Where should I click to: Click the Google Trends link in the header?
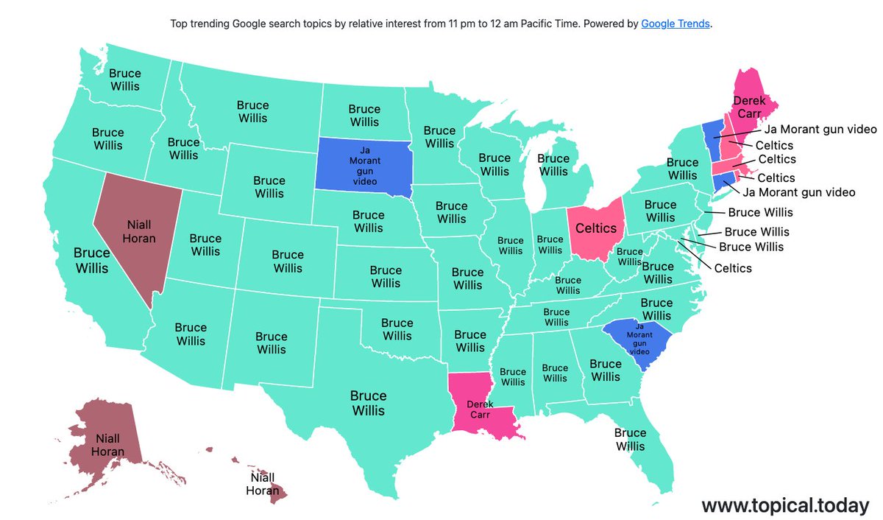coord(675,24)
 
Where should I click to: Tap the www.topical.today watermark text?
coord(785,505)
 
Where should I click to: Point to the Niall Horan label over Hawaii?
coord(262,484)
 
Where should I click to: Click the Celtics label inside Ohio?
coord(595,229)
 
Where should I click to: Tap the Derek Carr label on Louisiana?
coord(480,410)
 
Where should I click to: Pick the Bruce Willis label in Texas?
coord(368,403)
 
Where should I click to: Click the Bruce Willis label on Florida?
coord(630,440)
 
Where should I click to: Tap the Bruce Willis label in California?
coord(91,260)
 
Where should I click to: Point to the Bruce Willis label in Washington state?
coord(125,80)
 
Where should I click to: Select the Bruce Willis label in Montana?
coord(252,111)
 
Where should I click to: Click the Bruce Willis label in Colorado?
coord(288,261)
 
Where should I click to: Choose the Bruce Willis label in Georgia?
coord(606,370)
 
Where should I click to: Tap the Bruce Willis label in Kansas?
coord(386,277)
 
